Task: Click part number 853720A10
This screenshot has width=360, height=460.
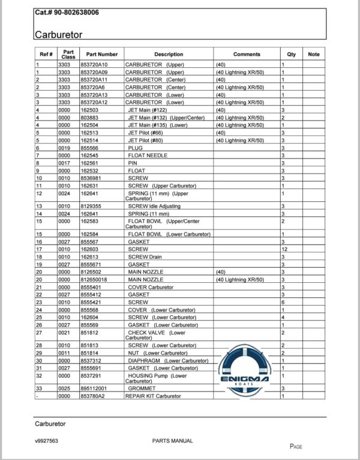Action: [x=95, y=64]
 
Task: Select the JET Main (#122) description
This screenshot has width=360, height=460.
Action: [x=146, y=110]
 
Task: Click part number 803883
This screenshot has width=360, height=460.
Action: [x=90, y=118]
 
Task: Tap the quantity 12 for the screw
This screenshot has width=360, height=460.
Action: [x=284, y=249]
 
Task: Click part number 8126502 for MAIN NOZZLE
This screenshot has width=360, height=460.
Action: [x=91, y=271]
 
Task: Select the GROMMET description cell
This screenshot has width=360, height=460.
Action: [x=142, y=389]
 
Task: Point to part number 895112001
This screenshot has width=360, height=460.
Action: [x=95, y=389]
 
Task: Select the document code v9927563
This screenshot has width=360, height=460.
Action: [x=47, y=441]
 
